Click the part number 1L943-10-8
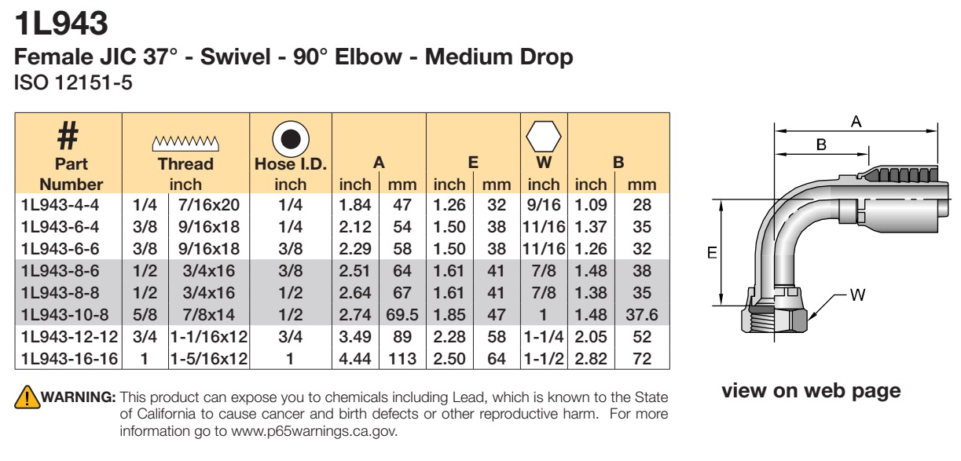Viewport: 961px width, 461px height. tap(64, 315)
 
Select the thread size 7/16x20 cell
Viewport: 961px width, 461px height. tap(209, 205)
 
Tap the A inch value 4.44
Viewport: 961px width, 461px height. tap(355, 358)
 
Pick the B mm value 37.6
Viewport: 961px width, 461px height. tap(642, 315)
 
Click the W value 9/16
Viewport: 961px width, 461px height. tap(544, 205)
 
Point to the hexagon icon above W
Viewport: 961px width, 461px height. tap(544, 137)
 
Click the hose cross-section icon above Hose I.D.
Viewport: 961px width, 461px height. tap(291, 139)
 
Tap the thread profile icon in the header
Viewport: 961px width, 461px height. tap(185, 143)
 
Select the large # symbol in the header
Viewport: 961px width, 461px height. tap(68, 135)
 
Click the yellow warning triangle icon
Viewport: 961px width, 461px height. tap(27, 397)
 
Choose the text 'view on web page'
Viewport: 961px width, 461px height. tap(811, 390)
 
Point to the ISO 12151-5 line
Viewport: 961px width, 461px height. tap(73, 82)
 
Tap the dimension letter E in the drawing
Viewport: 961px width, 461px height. tap(712, 253)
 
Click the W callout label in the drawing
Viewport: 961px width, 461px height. tap(857, 295)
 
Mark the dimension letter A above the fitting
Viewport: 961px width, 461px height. tap(856, 122)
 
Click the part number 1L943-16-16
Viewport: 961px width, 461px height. tap(69, 358)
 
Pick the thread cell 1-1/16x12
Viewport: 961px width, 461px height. tap(209, 337)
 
